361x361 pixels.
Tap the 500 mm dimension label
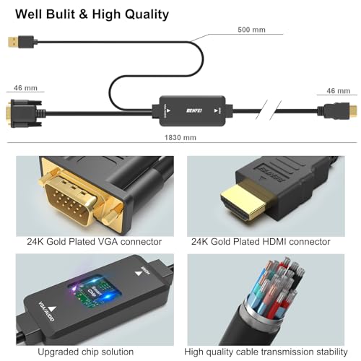click(251, 30)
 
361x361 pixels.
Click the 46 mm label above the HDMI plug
click(338, 91)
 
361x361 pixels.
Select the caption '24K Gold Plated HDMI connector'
click(261, 242)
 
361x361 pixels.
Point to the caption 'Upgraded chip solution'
click(90, 352)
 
